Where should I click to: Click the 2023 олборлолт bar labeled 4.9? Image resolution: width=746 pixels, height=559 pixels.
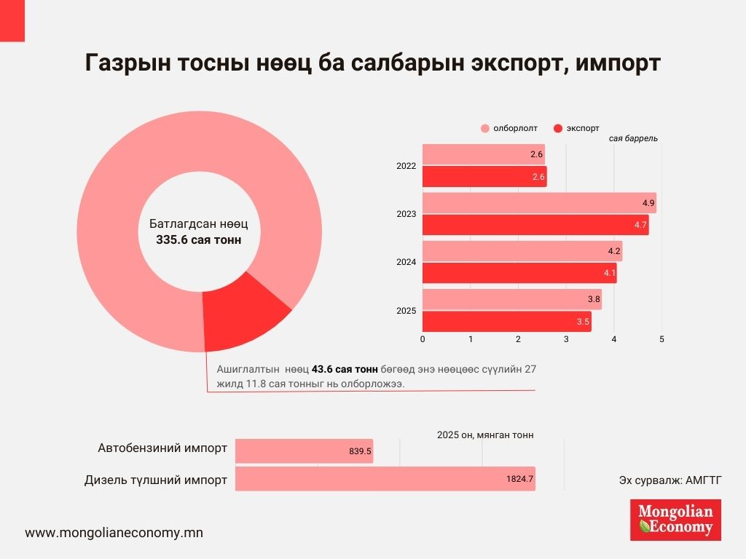coord(539,203)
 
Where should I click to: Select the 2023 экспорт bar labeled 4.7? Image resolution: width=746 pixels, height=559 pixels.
coord(535,225)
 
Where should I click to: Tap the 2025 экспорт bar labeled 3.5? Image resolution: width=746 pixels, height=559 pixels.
coord(507,322)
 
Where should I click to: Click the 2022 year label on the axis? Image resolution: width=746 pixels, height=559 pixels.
coord(406,166)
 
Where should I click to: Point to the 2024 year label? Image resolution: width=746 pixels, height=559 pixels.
coord(406,262)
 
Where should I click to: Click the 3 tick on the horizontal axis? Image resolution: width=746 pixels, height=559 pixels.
coord(566,339)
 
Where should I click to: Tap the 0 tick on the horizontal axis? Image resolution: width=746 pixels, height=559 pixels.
coord(423,339)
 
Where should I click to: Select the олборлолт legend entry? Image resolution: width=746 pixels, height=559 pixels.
coord(509,128)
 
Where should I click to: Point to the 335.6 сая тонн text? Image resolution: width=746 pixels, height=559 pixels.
coord(199,239)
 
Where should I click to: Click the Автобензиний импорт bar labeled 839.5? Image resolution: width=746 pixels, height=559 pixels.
coord(304,451)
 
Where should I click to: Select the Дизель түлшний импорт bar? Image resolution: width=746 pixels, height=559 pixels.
coord(385,479)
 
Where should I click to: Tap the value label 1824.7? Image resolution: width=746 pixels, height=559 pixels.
coord(519,479)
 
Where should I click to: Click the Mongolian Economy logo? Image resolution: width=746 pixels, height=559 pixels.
coord(675,519)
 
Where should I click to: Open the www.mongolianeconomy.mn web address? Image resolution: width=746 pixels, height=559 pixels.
coord(114,532)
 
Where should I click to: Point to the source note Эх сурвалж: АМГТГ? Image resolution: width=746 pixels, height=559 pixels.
coord(670,479)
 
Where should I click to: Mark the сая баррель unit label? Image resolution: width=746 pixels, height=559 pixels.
coord(633,138)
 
